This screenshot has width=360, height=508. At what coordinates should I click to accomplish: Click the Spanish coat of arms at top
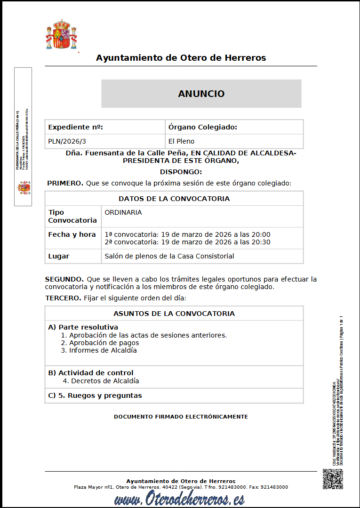point(61,35)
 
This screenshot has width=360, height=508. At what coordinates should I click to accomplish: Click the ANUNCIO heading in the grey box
point(201,94)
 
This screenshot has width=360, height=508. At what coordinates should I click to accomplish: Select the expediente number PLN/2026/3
point(67,141)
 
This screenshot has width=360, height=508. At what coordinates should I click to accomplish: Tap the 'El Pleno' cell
point(182,141)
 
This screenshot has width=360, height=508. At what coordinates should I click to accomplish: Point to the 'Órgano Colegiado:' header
point(203,127)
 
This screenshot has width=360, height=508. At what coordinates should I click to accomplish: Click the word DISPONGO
point(181,172)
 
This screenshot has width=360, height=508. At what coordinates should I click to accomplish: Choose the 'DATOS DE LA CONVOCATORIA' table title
point(174,199)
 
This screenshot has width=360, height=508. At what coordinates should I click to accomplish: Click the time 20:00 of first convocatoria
point(261,234)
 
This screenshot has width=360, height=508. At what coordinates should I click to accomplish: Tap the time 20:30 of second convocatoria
point(261,242)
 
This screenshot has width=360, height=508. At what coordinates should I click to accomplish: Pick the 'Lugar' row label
point(59,256)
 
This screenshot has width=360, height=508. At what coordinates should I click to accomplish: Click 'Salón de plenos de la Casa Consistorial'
point(169,256)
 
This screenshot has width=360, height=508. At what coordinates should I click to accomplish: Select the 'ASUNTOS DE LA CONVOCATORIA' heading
point(174,314)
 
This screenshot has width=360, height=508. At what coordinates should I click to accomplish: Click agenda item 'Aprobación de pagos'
point(104,343)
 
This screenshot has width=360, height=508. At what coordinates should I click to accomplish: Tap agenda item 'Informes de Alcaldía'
point(103,350)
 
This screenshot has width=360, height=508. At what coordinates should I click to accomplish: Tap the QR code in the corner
point(332,479)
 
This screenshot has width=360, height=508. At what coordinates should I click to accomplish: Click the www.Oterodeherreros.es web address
point(179,499)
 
